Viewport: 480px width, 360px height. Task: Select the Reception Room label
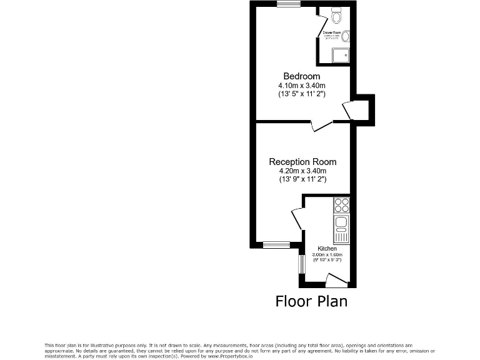[x=302, y=162]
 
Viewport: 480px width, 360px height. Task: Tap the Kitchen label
[x=327, y=249]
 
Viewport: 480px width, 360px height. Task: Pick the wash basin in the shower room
[x=345, y=36]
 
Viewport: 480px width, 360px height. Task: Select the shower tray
[x=342, y=56]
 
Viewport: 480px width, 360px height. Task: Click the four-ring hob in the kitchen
[x=341, y=205]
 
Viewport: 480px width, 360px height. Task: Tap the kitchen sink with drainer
[x=341, y=229]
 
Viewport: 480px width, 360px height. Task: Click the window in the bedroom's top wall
[x=289, y=4]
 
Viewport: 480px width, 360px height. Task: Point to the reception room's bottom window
[x=276, y=244]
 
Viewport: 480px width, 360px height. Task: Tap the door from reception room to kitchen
[x=297, y=218]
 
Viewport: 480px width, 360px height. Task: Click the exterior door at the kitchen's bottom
[x=336, y=281]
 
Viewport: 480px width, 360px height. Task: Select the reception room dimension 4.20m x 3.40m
[x=302, y=171]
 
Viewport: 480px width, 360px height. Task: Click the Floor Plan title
[x=311, y=301]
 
